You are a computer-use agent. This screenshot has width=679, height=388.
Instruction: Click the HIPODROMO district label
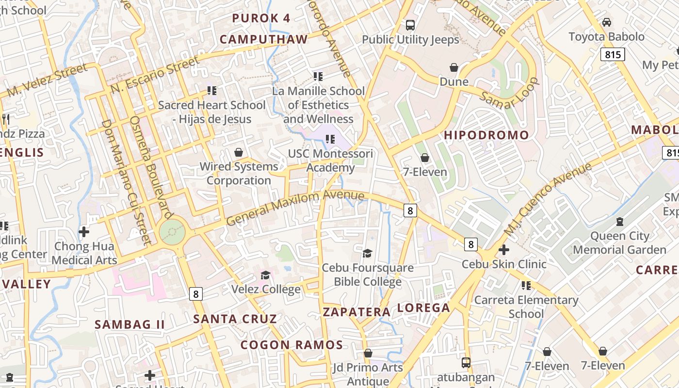coord(486,135)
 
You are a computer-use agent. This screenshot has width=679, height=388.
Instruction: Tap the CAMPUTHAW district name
coord(264,39)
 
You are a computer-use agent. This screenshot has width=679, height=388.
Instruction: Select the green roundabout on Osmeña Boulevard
coord(172,232)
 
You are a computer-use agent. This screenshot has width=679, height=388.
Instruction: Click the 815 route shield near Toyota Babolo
coord(613,54)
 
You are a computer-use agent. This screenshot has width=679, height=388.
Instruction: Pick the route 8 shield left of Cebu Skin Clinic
coord(470,244)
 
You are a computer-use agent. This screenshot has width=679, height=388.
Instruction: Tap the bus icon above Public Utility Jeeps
coord(410,25)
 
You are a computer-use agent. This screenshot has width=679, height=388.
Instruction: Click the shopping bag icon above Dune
coord(454,67)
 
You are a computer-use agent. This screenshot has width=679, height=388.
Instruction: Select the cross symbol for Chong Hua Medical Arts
coord(84,231)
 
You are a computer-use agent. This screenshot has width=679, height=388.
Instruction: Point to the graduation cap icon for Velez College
coord(265,275)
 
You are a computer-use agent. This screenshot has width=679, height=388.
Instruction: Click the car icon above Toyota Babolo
coord(606,22)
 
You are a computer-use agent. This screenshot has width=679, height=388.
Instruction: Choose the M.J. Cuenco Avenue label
coord(548,199)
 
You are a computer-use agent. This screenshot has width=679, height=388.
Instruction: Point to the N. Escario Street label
coord(155,74)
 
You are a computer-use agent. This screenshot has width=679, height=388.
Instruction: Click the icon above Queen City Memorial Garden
coord(619,222)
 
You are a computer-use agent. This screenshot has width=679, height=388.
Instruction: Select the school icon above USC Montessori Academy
coord(330,140)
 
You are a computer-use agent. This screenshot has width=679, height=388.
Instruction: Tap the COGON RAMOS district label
coord(291,345)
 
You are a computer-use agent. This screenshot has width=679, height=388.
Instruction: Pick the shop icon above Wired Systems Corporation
coord(239,152)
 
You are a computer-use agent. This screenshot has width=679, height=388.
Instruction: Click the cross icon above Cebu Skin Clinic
coord(504,250)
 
